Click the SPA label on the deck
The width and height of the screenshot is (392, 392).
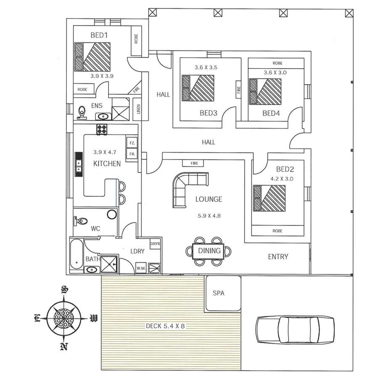(x=219, y=293)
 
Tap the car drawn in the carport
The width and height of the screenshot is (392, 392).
(x=295, y=329)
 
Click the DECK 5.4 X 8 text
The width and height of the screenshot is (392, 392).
(x=165, y=326)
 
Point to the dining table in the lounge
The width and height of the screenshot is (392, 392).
(x=209, y=251)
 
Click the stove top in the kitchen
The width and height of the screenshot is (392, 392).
(x=103, y=130)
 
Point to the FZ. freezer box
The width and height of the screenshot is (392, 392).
(x=132, y=143)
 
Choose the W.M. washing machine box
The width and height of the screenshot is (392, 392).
(x=140, y=268)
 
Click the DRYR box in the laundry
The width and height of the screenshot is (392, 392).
(x=155, y=244)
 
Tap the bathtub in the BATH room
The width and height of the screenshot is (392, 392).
(x=77, y=254)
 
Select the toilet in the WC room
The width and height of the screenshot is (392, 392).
(x=82, y=220)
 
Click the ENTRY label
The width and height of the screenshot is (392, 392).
(x=278, y=257)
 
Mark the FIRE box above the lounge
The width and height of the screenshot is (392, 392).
(x=194, y=163)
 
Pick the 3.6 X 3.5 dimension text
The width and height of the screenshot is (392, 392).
(x=206, y=67)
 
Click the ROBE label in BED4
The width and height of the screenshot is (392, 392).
(x=277, y=63)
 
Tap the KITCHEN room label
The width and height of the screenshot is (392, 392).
(x=107, y=164)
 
